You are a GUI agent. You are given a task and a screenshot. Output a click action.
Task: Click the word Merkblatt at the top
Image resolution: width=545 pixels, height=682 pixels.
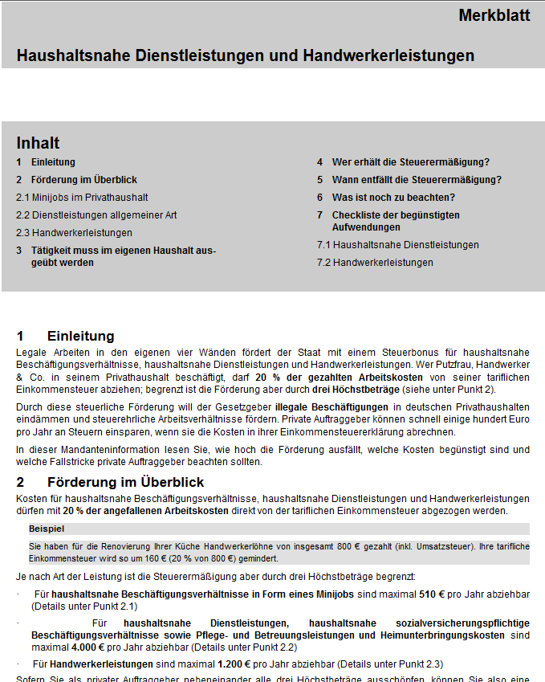(494, 15)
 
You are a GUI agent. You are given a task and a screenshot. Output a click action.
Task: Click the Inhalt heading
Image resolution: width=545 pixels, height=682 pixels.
(38, 143)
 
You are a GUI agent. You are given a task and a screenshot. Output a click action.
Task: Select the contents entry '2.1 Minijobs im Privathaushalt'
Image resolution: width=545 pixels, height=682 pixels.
(82, 198)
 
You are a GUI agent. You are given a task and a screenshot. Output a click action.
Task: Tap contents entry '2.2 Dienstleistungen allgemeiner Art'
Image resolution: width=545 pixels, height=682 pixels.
(96, 215)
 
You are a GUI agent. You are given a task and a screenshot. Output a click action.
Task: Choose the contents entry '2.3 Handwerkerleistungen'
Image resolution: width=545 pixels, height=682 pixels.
(74, 233)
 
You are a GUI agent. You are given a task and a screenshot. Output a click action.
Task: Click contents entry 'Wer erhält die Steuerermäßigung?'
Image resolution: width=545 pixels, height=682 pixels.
(410, 162)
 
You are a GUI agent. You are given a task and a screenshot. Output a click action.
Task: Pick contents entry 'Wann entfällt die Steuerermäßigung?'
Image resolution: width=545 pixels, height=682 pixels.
(417, 180)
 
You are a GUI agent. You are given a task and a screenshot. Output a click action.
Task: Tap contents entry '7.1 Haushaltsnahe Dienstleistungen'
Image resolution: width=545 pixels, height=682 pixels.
(397, 245)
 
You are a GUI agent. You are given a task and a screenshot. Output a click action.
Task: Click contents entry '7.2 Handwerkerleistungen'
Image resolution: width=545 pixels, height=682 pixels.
(375, 263)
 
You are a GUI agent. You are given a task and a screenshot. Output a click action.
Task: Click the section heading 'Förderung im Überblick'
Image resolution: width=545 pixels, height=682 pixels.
(125, 482)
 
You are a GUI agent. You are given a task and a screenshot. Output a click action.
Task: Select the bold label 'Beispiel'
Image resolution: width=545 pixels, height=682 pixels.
(47, 529)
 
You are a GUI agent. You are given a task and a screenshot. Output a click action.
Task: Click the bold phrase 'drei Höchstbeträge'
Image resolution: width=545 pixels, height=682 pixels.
(356, 389)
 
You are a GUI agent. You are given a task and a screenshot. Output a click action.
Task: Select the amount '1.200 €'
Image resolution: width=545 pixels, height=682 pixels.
(234, 664)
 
